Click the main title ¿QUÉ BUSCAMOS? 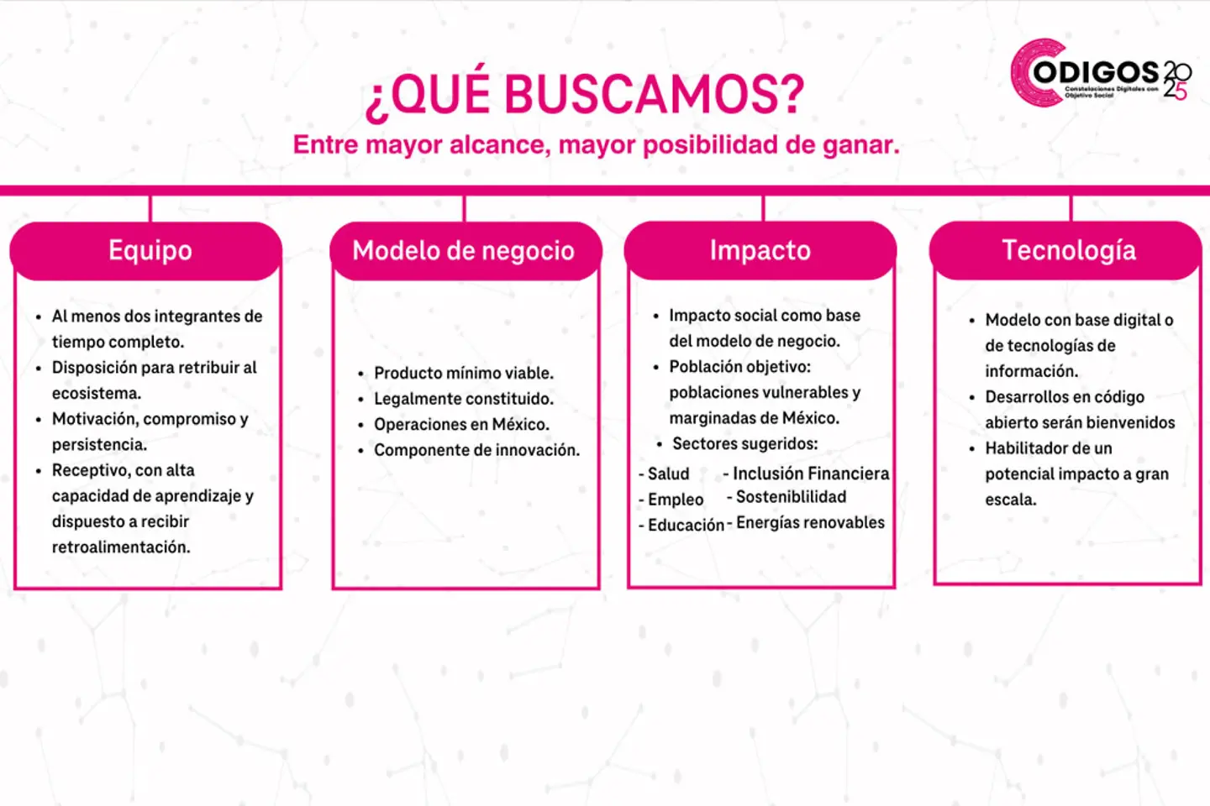pyautogui.click(x=585, y=93)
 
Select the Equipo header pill pyautogui.click(x=150, y=250)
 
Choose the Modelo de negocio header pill pyautogui.click(x=464, y=250)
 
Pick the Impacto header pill pyautogui.click(x=760, y=250)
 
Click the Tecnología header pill pyautogui.click(x=1068, y=250)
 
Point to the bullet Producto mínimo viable pyautogui.click(x=463, y=373)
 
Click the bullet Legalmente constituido pyautogui.click(x=463, y=399)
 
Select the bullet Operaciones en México pyautogui.click(x=461, y=425)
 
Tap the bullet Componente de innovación pyautogui.click(x=476, y=450)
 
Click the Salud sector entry pyautogui.click(x=668, y=474)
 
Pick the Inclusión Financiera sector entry pyautogui.click(x=810, y=474)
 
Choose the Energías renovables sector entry pyautogui.click(x=810, y=523)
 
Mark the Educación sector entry pyautogui.click(x=685, y=526)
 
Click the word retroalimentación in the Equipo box pyautogui.click(x=121, y=547)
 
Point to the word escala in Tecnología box pyautogui.click(x=1010, y=500)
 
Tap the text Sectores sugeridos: pyautogui.click(x=744, y=444)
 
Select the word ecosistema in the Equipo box pyautogui.click(x=96, y=394)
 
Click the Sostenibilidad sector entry pyautogui.click(x=791, y=497)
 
